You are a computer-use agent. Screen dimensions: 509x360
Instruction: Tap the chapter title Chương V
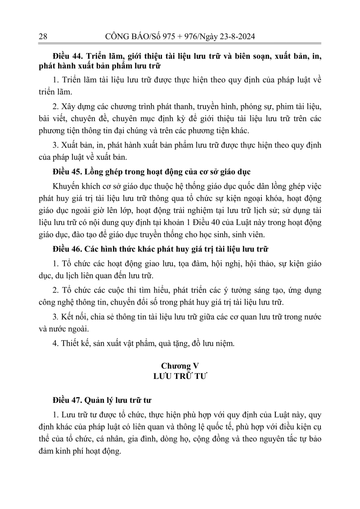180,365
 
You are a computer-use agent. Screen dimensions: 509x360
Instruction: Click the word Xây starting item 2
67,106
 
